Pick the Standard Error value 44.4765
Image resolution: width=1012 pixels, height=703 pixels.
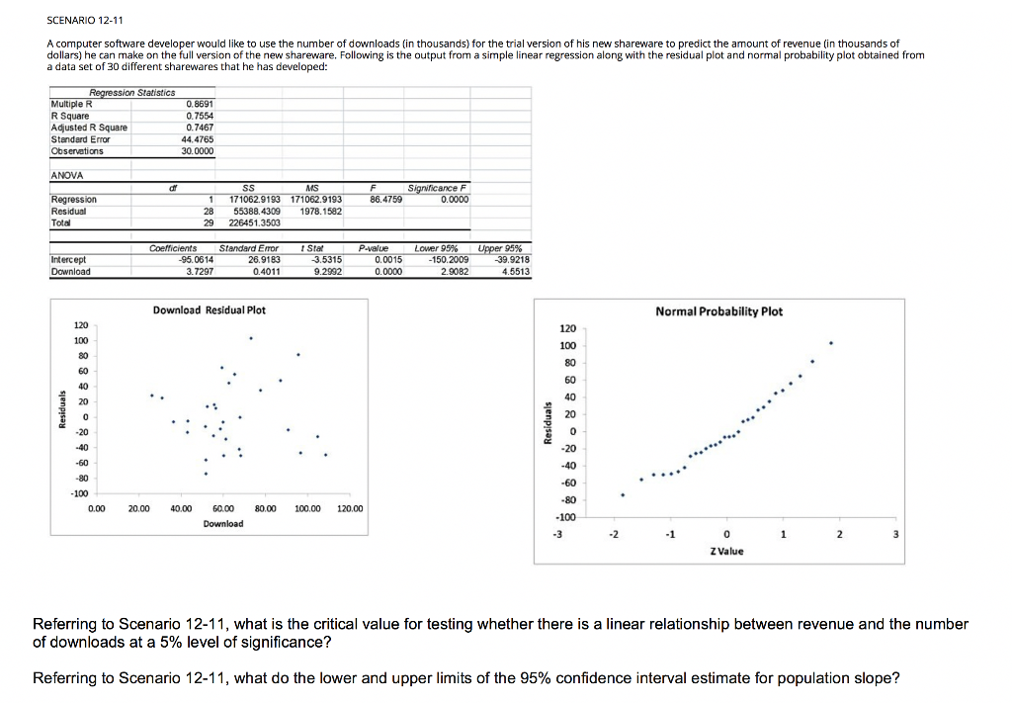tap(199, 138)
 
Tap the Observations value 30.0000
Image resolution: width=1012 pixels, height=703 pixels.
tap(199, 150)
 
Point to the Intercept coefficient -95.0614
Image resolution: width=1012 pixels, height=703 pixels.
tap(187, 261)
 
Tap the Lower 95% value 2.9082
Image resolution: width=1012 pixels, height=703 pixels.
tap(450, 272)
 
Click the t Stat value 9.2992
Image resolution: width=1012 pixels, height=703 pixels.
tap(327, 272)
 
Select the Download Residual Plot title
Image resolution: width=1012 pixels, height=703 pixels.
tap(210, 309)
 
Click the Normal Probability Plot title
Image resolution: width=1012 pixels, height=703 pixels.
tap(718, 311)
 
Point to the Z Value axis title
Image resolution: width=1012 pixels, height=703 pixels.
tap(725, 551)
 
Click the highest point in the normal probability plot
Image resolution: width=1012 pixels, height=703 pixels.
tap(831, 344)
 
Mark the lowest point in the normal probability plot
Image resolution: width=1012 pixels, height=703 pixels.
tap(623, 494)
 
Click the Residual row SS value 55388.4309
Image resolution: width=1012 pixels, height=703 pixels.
tap(257, 211)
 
